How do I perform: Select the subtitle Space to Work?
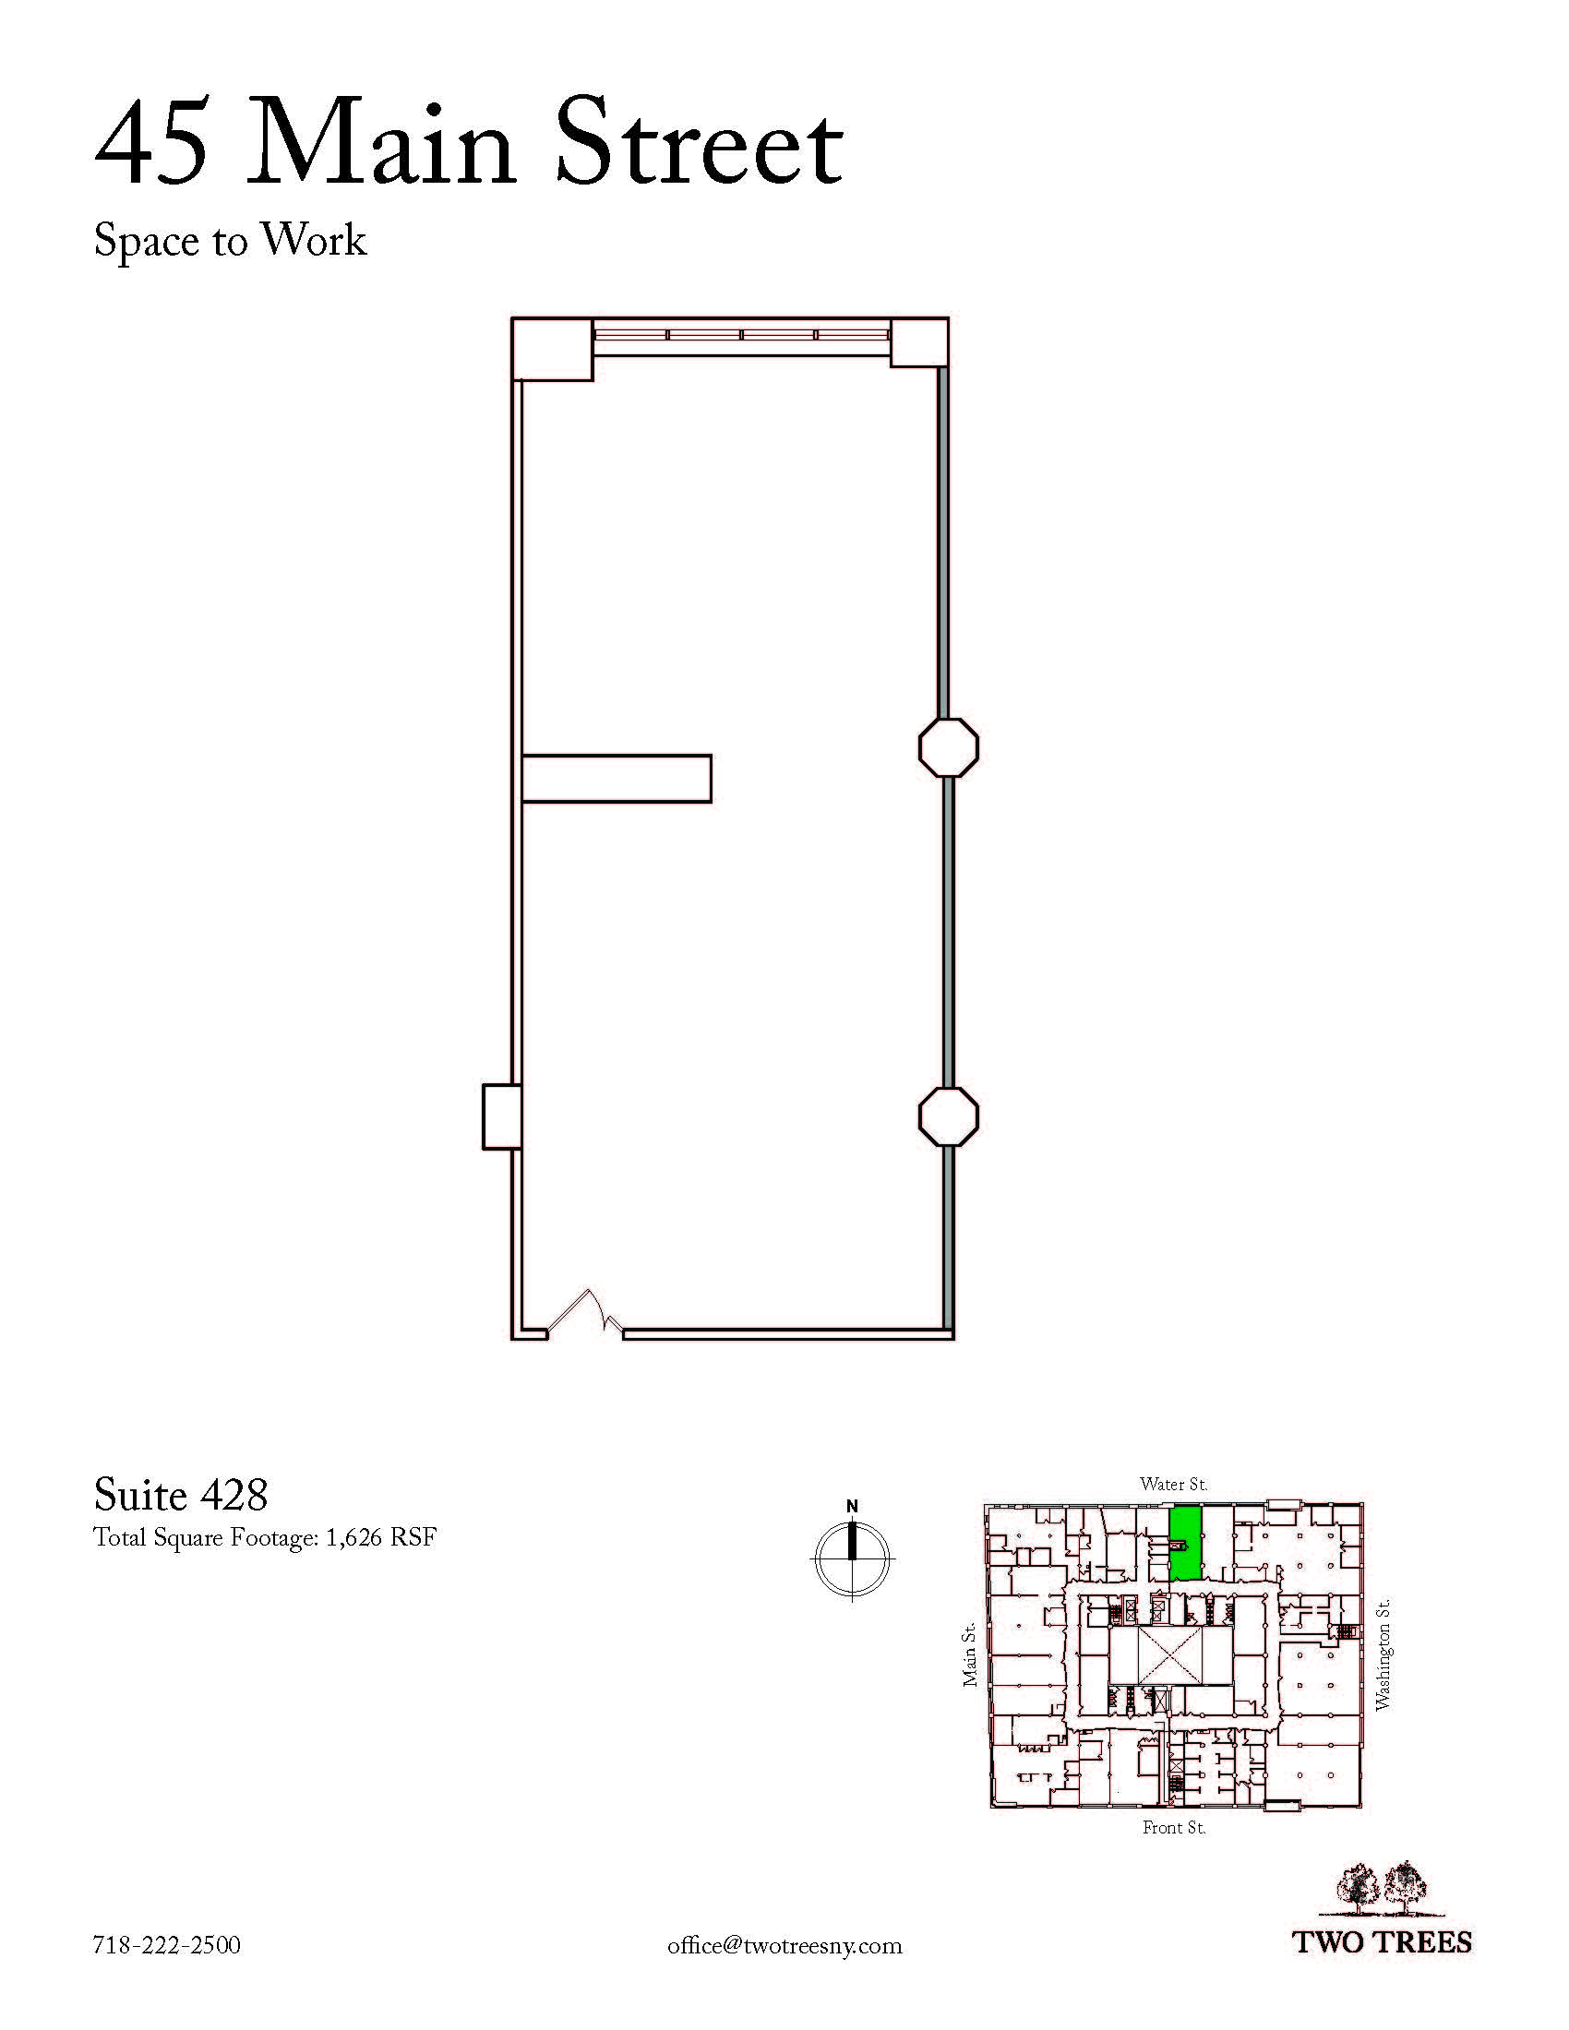(231, 241)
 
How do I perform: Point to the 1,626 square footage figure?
(353, 1537)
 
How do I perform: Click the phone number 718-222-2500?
(167, 1944)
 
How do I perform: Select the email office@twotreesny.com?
(784, 1945)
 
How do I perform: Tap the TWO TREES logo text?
(1384, 1941)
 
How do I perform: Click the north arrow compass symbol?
(853, 1557)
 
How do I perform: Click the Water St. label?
(1174, 1485)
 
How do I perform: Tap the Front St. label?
(1174, 1827)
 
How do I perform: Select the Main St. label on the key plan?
(969, 1654)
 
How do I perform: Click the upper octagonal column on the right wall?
(948, 747)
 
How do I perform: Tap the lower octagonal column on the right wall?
(948, 1116)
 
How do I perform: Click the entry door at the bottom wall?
(584, 1314)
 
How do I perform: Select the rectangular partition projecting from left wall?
(617, 778)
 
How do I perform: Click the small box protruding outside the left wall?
(501, 1116)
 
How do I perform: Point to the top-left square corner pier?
(552, 350)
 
